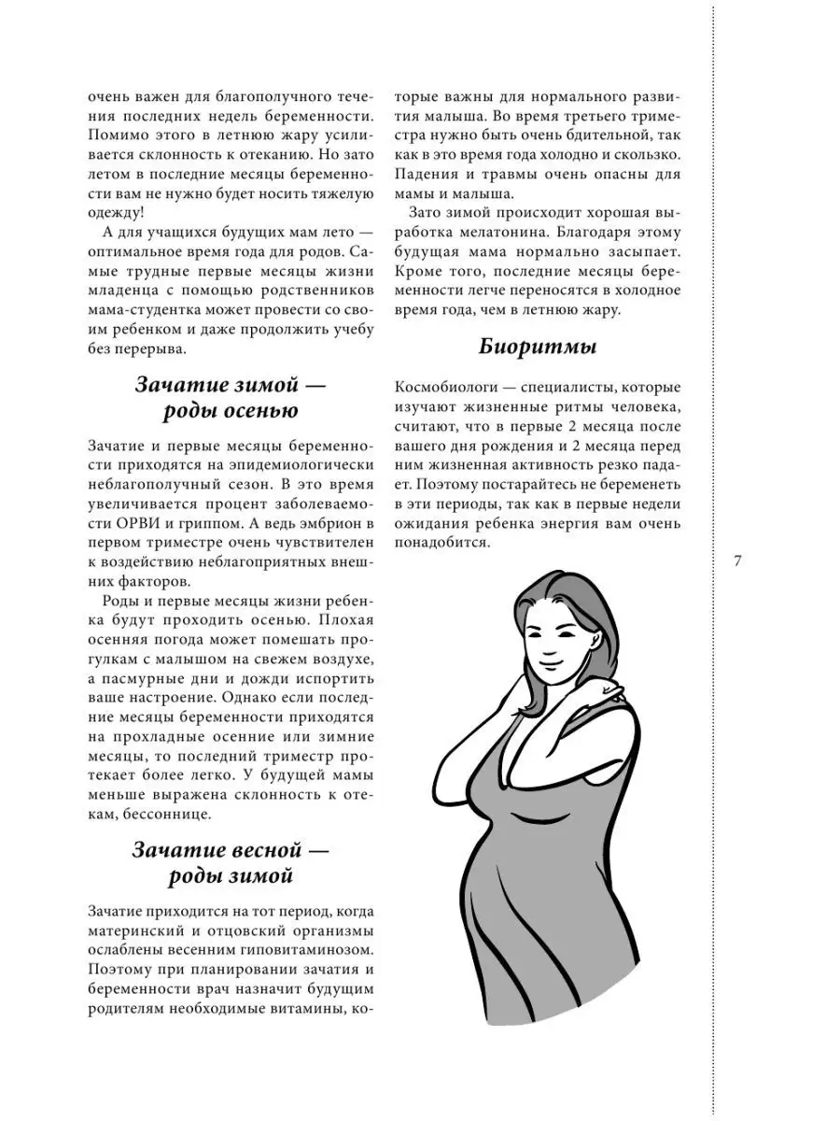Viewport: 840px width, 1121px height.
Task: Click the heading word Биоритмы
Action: [538, 348]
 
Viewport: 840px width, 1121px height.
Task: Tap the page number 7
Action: [737, 561]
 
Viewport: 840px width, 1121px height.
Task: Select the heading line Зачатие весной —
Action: [231, 851]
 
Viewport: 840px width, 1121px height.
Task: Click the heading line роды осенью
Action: [231, 411]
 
